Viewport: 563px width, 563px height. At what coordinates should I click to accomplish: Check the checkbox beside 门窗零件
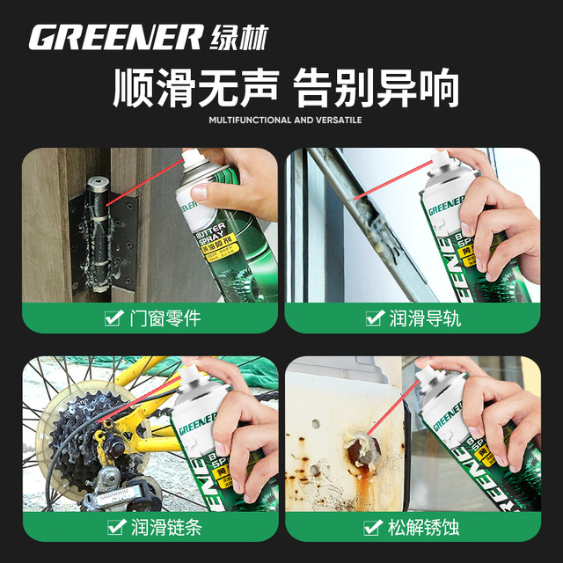coord(113,318)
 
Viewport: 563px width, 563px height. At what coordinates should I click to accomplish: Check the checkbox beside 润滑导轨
coord(375,318)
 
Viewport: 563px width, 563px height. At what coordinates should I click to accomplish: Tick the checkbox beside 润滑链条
coord(113,527)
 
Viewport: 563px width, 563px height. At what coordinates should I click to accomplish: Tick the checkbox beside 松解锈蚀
coord(375,527)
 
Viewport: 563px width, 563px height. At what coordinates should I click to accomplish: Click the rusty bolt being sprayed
coord(362,445)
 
